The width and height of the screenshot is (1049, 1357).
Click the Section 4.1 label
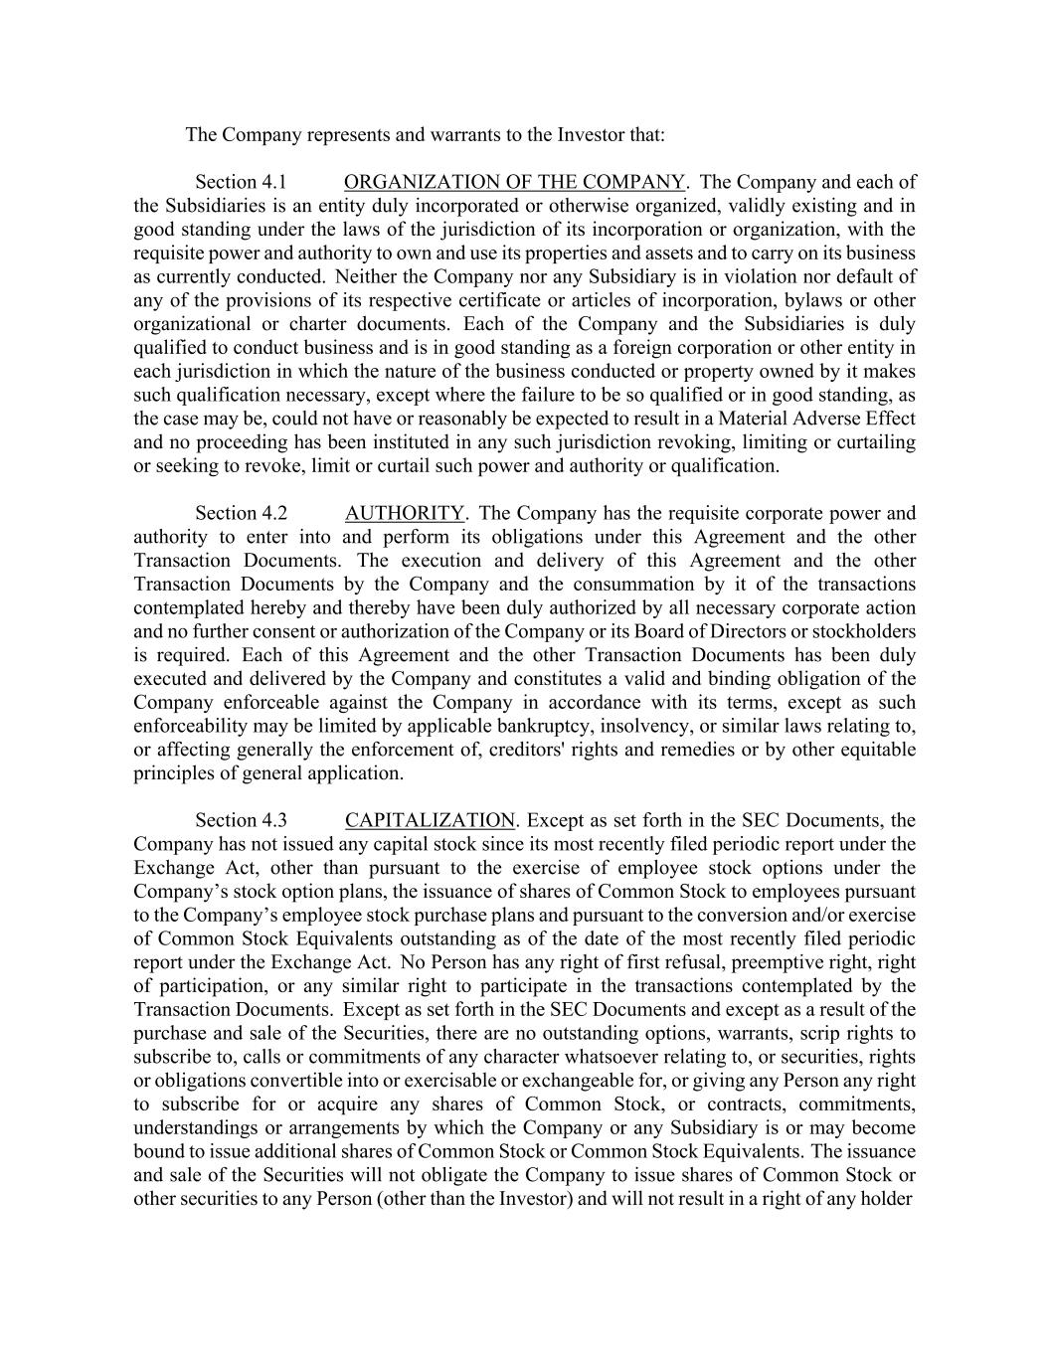(241, 182)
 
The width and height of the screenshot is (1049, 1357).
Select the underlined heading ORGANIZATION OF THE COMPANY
(514, 182)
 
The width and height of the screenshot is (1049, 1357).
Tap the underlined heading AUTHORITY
(405, 513)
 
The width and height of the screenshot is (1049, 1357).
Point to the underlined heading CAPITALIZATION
(430, 820)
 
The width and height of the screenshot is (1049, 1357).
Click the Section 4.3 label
(241, 820)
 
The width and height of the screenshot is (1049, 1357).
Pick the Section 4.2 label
(241, 513)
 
